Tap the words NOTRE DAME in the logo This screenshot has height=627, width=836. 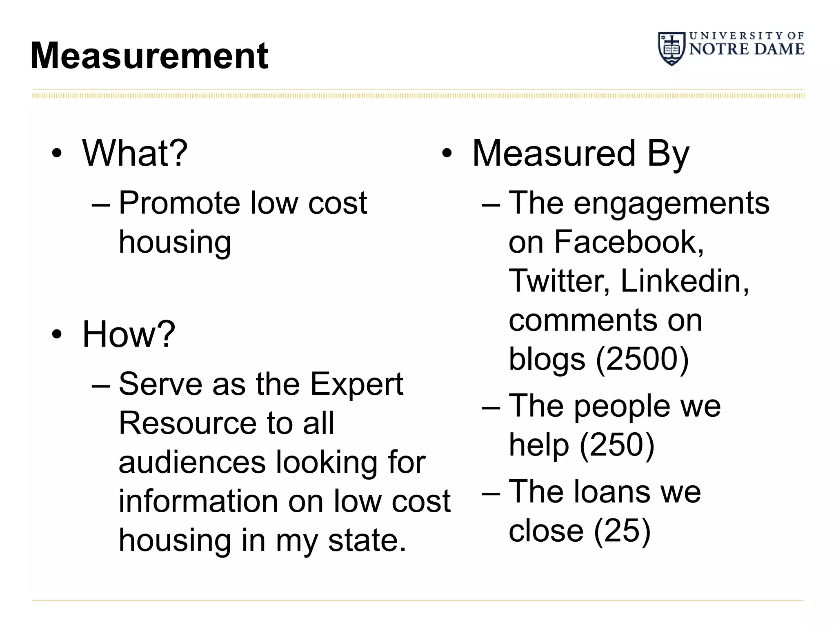(x=747, y=49)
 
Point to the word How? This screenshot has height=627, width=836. (x=129, y=334)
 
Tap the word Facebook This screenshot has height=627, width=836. (x=629, y=242)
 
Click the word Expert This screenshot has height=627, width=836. (x=356, y=385)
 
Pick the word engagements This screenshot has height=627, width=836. (x=671, y=204)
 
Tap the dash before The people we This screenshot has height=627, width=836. (x=491, y=407)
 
